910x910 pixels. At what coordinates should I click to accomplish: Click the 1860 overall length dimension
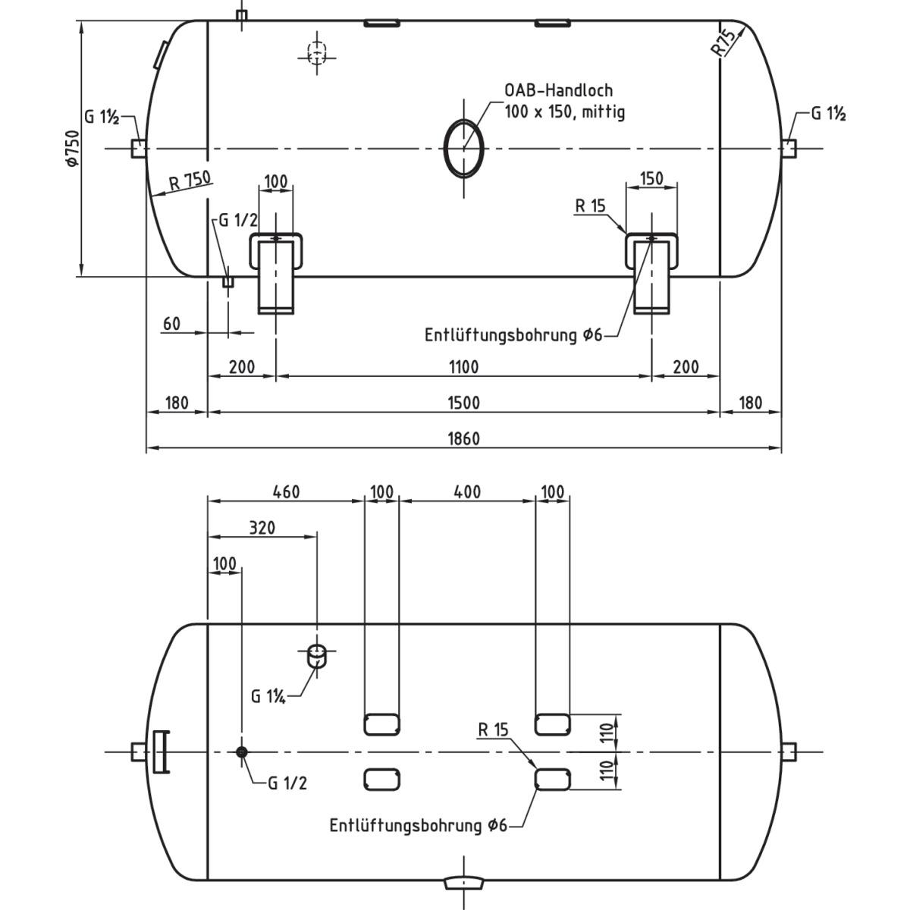click(x=463, y=439)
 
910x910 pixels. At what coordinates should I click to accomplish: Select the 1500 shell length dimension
click(x=463, y=403)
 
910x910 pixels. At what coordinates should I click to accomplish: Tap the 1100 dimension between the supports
click(x=463, y=367)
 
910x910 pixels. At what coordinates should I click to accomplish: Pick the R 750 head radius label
click(x=190, y=180)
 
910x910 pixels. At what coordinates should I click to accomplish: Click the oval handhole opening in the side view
click(x=463, y=148)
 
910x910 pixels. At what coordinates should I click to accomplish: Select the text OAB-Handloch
click(x=559, y=91)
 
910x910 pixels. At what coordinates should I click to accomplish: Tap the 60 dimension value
click(x=171, y=324)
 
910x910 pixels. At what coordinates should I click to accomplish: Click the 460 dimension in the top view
click(x=285, y=491)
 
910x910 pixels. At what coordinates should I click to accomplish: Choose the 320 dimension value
click(x=262, y=528)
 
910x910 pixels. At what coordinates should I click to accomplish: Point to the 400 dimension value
click(x=466, y=491)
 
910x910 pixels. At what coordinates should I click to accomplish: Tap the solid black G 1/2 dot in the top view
click(x=242, y=752)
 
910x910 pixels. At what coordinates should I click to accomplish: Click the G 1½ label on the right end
click(x=828, y=114)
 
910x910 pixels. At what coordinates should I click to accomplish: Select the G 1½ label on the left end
click(x=101, y=118)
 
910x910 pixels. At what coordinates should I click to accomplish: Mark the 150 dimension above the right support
click(x=651, y=179)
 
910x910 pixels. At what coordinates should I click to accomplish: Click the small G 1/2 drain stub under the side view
click(x=227, y=281)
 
